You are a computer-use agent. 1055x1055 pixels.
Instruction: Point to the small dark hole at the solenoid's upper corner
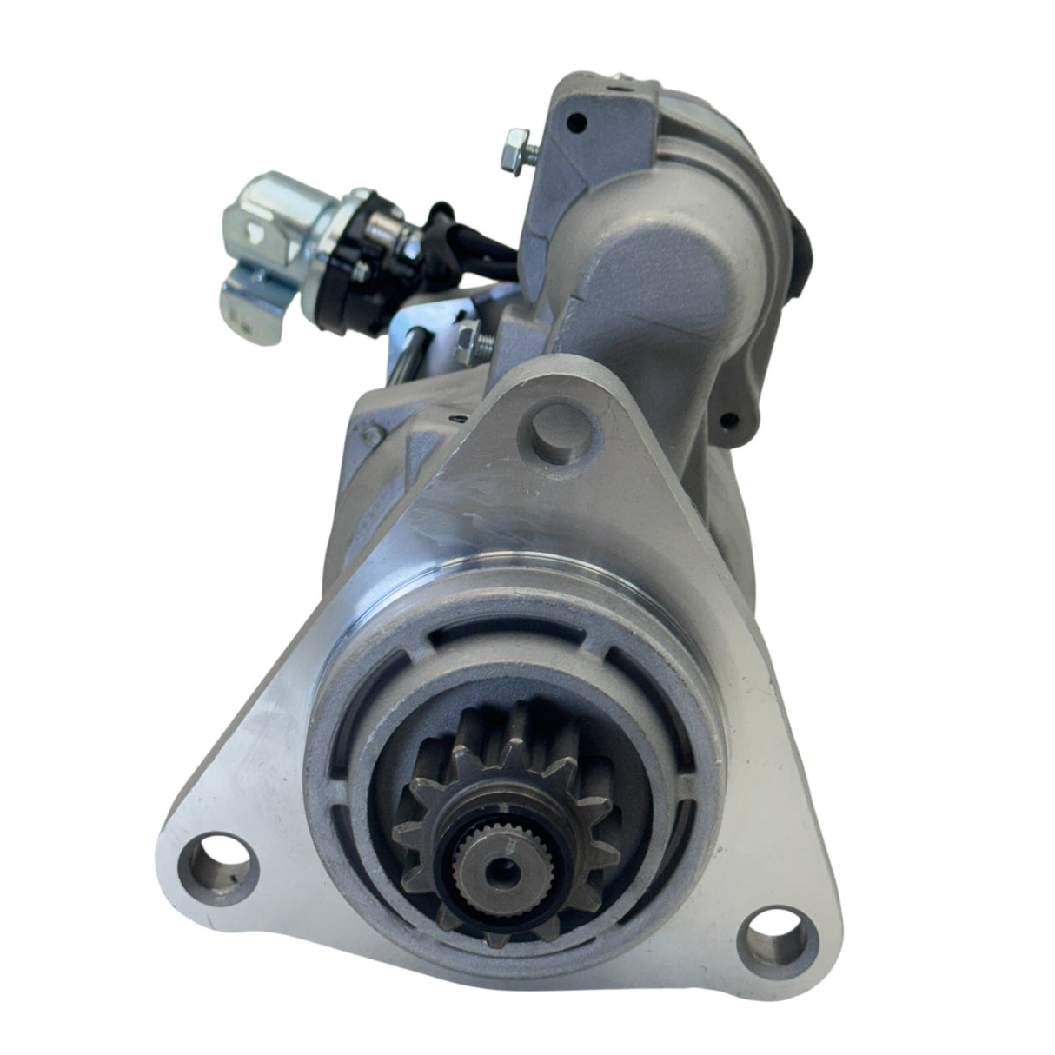coord(570,123)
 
